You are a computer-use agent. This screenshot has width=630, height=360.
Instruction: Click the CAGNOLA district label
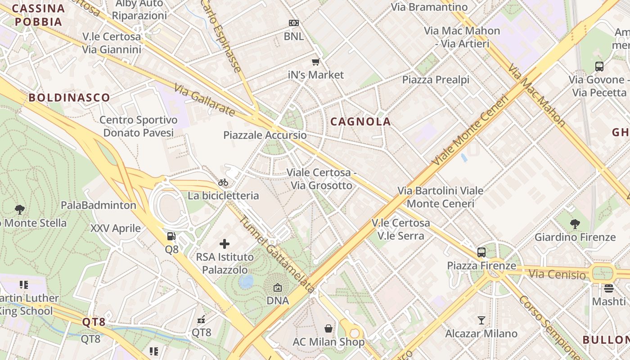[x=360, y=121]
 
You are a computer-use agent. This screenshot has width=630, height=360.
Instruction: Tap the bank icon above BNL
[x=293, y=23]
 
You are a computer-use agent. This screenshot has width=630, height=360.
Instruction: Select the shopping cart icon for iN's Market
[x=316, y=62]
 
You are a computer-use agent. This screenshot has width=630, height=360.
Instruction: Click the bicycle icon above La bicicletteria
[x=223, y=182]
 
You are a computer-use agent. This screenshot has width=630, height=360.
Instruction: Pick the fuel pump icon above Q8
[x=171, y=236]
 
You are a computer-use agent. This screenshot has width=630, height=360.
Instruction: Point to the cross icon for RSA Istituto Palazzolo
[x=225, y=244]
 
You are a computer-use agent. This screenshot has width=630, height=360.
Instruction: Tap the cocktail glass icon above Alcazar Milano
[x=481, y=320]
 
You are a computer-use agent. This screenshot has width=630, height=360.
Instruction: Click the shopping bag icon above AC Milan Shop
[x=328, y=328]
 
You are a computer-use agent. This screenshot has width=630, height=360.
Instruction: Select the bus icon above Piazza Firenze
[x=481, y=252]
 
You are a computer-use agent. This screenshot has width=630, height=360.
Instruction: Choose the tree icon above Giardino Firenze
[x=575, y=224]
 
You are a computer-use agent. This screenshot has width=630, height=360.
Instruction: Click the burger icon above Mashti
[x=609, y=288]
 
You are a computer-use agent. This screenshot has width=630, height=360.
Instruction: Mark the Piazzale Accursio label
[x=265, y=135]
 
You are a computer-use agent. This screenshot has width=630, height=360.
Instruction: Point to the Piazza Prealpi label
[x=436, y=80]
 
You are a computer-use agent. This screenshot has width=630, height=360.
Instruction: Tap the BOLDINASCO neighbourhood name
[x=69, y=98]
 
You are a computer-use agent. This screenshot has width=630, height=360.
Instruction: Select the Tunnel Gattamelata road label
[x=276, y=255]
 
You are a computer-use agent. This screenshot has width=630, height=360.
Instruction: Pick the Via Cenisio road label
[x=558, y=274]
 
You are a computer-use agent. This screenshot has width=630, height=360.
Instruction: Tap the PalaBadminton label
[x=99, y=205]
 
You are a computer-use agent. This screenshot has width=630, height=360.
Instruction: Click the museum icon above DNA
[x=278, y=288]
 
